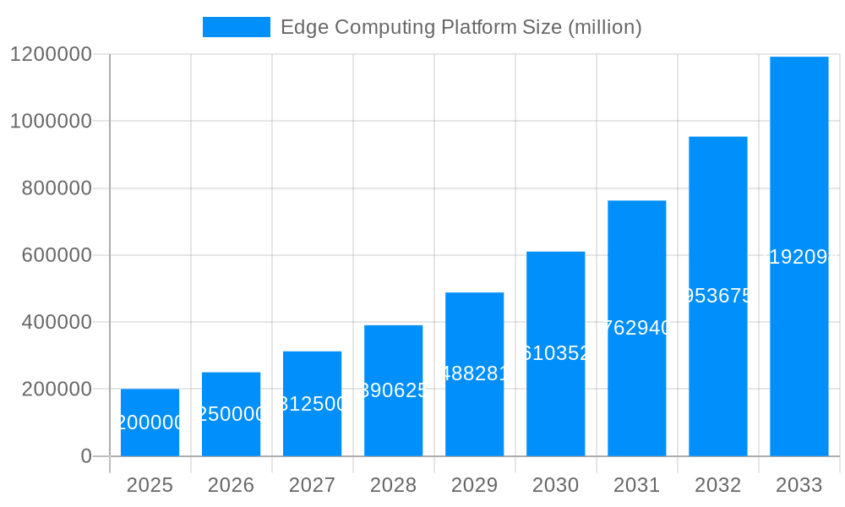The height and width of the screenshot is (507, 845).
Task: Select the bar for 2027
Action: click(312, 372)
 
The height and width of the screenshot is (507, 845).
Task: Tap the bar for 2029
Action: click(474, 338)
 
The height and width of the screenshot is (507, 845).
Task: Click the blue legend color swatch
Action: click(237, 27)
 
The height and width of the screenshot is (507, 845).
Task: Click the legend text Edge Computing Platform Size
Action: click(461, 27)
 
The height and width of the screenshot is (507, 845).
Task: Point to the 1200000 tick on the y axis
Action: click(51, 54)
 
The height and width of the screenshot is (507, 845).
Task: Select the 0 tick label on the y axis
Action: click(85, 456)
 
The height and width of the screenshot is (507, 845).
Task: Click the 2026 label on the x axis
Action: click(231, 485)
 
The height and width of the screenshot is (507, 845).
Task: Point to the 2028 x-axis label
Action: click(393, 485)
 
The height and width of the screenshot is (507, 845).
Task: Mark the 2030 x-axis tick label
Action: click(555, 485)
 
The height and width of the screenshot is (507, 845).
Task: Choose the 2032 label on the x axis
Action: click(717, 485)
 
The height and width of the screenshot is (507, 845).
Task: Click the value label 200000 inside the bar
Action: click(150, 422)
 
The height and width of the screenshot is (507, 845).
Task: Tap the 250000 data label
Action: click(231, 414)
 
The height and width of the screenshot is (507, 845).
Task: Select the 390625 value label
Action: click(393, 390)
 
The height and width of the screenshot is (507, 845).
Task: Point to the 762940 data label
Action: click(636, 328)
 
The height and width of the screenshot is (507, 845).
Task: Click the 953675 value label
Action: click(717, 296)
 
